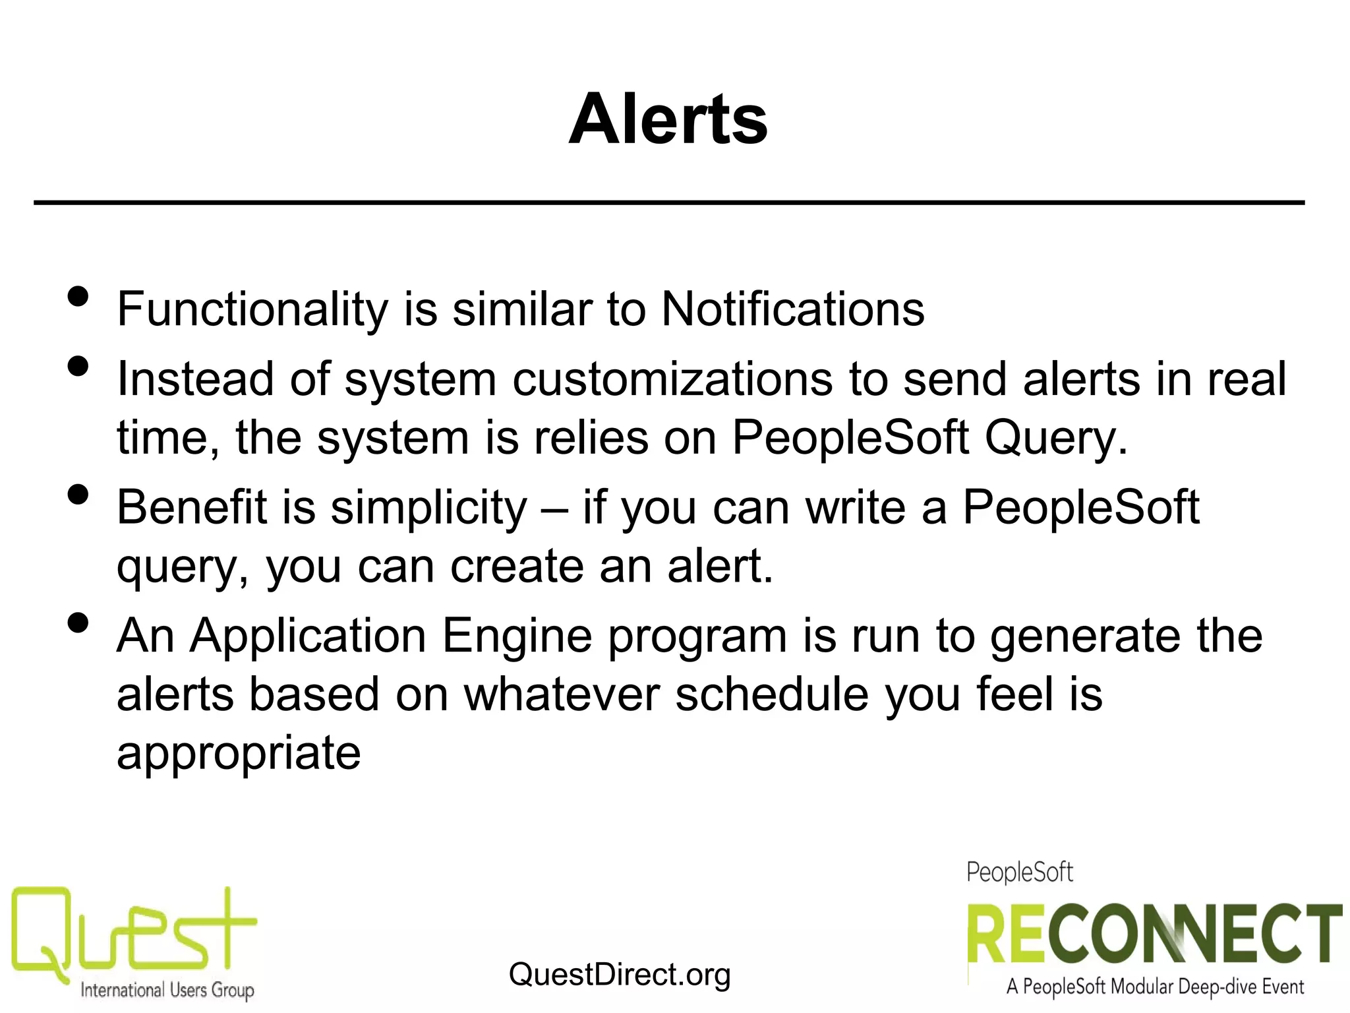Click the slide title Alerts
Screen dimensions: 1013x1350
(x=668, y=119)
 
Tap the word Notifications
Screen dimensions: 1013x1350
(x=793, y=309)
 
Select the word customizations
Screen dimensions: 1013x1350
(x=672, y=379)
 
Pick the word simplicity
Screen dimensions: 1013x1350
(x=428, y=508)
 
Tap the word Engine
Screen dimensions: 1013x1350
(x=517, y=636)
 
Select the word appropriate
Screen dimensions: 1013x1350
(x=239, y=753)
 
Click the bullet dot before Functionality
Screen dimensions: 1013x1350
(x=78, y=297)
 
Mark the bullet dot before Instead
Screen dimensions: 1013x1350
(x=78, y=367)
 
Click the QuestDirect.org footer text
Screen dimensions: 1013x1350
(x=620, y=974)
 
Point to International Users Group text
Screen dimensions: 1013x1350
(x=167, y=990)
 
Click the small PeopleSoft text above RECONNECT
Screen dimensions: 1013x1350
(x=1019, y=872)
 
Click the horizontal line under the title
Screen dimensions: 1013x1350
(x=669, y=202)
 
